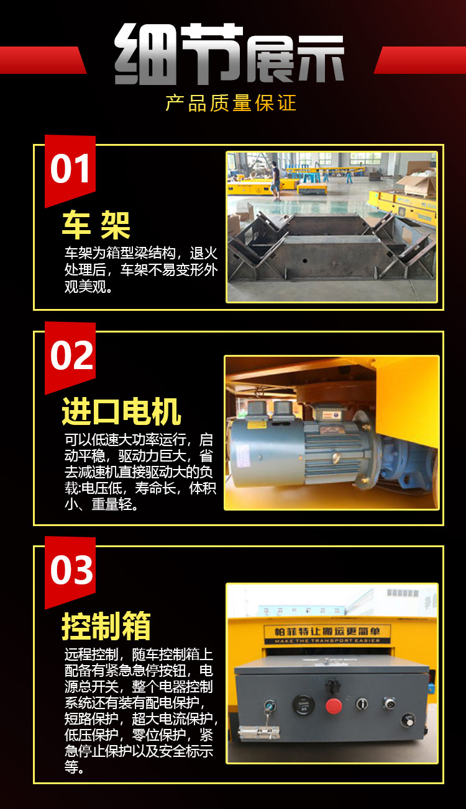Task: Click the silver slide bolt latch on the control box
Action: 258,734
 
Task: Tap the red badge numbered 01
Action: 70,169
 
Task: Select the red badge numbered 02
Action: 70,355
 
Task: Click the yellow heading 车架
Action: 96,225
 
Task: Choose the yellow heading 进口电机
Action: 122,411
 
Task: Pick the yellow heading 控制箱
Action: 106,626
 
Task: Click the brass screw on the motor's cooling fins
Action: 337,458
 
